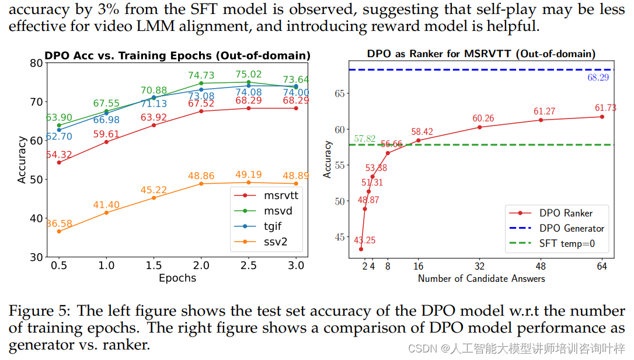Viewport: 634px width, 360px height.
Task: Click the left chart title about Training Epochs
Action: [x=177, y=55]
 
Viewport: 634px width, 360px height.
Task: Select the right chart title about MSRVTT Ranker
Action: [x=481, y=54]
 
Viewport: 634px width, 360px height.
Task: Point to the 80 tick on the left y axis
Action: [x=36, y=63]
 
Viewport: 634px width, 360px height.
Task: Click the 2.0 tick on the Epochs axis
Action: [x=201, y=264]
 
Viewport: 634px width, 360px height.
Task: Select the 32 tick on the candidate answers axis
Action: [x=479, y=266]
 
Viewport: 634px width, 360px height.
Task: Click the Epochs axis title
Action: [x=177, y=278]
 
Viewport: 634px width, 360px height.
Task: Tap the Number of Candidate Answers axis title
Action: [x=481, y=278]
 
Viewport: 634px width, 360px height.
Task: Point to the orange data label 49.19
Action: [x=249, y=175]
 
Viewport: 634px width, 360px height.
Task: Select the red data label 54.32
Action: [x=58, y=155]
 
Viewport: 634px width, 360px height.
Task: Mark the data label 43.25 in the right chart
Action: [x=365, y=240]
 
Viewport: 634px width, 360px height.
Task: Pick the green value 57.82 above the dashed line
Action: [x=365, y=139]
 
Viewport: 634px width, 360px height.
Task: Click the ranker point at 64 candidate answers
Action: [x=602, y=117]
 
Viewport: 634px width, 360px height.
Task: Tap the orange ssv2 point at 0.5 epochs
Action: [x=58, y=232]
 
